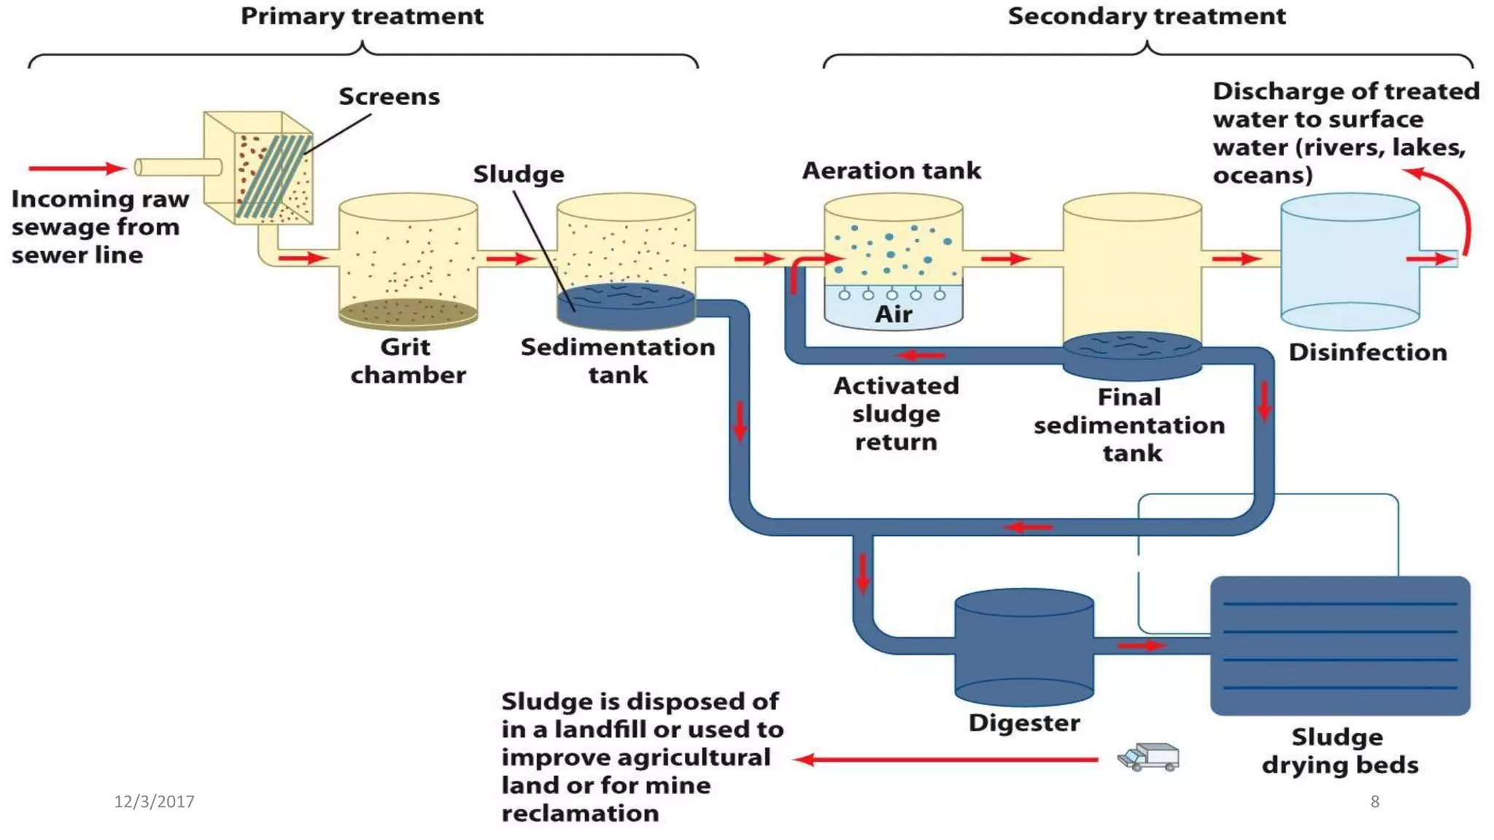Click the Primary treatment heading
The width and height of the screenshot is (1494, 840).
pyautogui.click(x=362, y=16)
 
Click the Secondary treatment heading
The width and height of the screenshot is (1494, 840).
pyautogui.click(x=1146, y=16)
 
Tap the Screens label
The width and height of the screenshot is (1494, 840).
pyautogui.click(x=389, y=96)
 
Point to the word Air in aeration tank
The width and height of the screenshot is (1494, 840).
pyautogui.click(x=893, y=314)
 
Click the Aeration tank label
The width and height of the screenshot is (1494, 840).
pyautogui.click(x=891, y=171)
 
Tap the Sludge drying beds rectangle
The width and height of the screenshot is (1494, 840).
pyautogui.click(x=1339, y=645)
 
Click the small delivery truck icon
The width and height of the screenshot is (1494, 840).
pyautogui.click(x=1148, y=757)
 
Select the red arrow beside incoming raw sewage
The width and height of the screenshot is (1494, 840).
pyautogui.click(x=76, y=168)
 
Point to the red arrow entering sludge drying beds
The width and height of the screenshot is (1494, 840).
pyautogui.click(x=1142, y=645)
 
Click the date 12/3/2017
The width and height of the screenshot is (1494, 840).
pyautogui.click(x=154, y=801)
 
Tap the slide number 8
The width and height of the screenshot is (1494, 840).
pyautogui.click(x=1374, y=801)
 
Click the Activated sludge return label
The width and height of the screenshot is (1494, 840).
pyautogui.click(x=896, y=413)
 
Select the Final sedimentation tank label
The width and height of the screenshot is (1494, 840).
pyautogui.click(x=1129, y=424)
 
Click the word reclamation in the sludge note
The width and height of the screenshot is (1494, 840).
pyautogui.click(x=580, y=813)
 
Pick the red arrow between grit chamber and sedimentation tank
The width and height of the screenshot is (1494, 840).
pyautogui.click(x=511, y=259)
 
